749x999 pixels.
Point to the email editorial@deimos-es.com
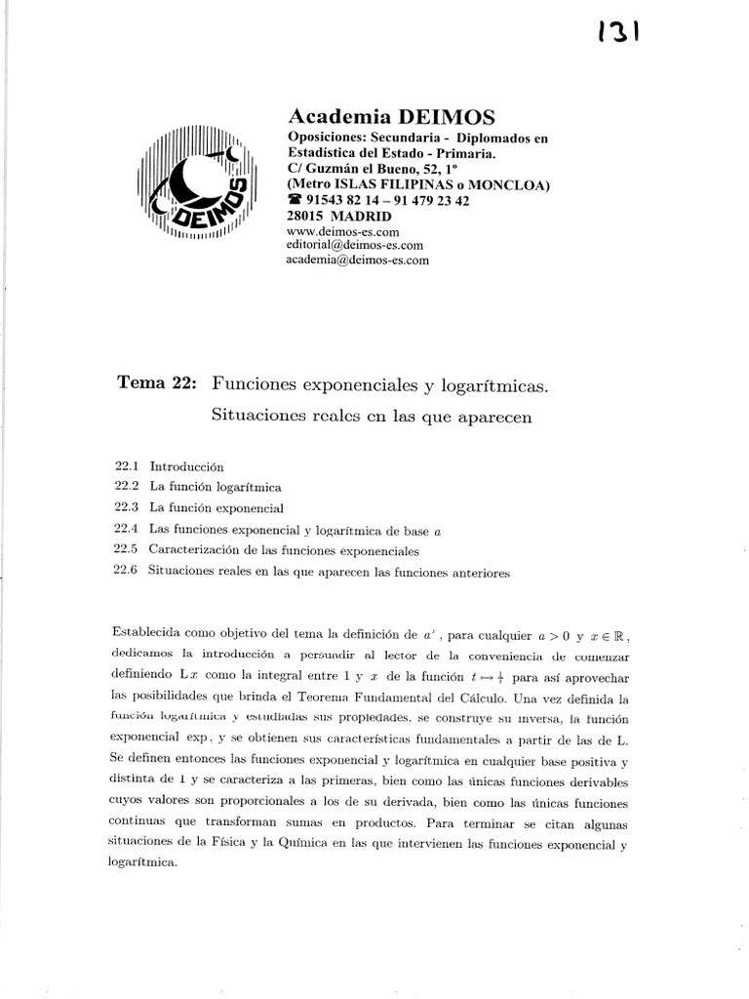(x=354, y=246)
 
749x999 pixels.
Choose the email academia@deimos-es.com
(x=357, y=260)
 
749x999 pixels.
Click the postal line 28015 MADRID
(x=339, y=216)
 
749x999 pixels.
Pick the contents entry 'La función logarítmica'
(x=216, y=487)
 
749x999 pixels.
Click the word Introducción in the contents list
(x=187, y=466)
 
